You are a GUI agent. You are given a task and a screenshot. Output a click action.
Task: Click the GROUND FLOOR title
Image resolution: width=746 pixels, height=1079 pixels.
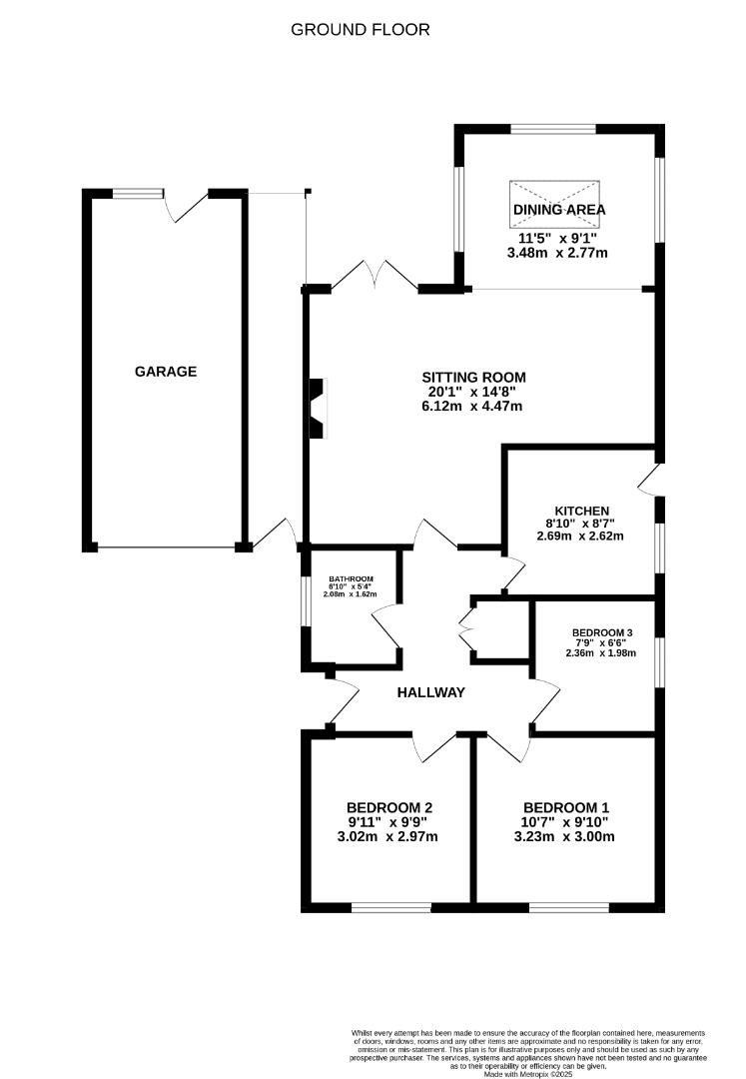(361, 30)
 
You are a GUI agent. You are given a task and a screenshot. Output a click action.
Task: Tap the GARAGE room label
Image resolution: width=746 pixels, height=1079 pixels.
(166, 372)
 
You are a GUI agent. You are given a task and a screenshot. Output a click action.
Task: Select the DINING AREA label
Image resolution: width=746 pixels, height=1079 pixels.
(559, 210)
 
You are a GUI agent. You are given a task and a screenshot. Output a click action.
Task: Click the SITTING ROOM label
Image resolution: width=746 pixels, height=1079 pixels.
(473, 377)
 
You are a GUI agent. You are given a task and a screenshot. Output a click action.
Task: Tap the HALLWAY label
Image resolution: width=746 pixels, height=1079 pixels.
(431, 691)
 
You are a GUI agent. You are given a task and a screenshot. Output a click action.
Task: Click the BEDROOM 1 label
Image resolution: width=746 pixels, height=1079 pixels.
(565, 807)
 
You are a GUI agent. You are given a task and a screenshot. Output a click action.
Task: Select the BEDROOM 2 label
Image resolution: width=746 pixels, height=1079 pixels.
(388, 807)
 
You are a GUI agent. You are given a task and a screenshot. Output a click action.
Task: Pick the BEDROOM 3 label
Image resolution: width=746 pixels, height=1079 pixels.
(603, 632)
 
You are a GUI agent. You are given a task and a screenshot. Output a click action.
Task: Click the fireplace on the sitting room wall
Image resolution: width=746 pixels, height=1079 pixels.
(317, 408)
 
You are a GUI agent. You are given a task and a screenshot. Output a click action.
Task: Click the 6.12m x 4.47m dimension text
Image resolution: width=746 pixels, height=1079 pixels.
(473, 407)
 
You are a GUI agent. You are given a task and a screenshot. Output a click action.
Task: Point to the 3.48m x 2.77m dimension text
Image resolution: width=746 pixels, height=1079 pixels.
(557, 254)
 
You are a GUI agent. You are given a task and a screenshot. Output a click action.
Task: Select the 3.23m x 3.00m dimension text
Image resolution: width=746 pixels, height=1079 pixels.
(564, 836)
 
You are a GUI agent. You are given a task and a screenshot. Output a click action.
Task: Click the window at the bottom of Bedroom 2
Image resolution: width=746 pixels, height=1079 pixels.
(390, 907)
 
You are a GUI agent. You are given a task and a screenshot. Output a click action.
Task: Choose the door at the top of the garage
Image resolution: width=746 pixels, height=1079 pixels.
(186, 205)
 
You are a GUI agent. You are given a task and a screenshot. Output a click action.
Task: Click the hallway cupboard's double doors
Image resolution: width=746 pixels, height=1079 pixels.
(465, 631)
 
